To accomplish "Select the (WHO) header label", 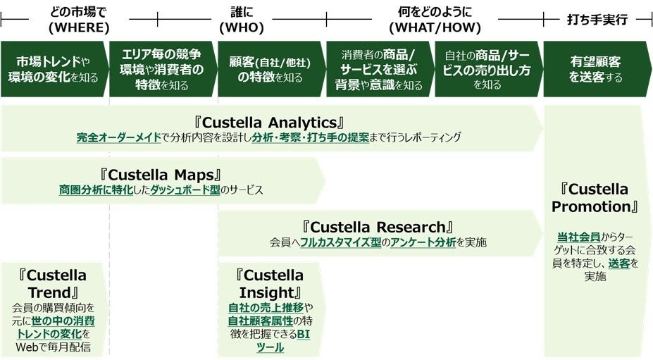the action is [x=242, y=27].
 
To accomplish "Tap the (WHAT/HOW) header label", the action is [x=435, y=27].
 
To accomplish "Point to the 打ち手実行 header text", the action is [x=597, y=20].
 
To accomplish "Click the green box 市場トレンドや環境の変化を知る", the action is [x=54, y=69].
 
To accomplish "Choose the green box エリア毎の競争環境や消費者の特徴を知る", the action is [x=161, y=69].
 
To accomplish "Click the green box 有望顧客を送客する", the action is [x=596, y=69].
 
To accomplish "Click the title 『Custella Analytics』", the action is [x=271, y=122].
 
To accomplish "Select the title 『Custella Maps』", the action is [x=161, y=173].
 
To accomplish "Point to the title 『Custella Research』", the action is [x=378, y=227].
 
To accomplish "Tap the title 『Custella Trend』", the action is [x=54, y=283].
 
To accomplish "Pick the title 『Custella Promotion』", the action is [x=595, y=198].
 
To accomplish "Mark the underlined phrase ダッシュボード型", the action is [x=185, y=190].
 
